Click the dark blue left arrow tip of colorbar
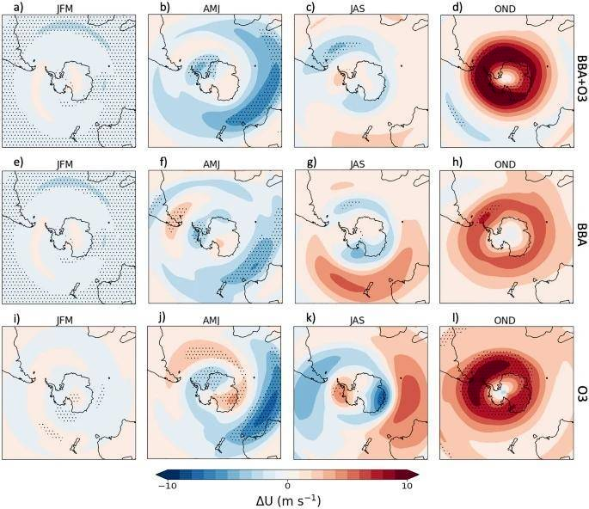pyautogui.click(x=159, y=473)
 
